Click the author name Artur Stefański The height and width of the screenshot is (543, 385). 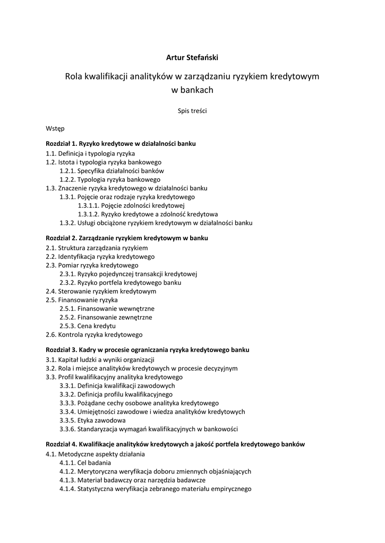[192, 57]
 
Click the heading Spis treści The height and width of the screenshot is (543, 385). [192, 111]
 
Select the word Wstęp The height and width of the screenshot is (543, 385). [55, 128]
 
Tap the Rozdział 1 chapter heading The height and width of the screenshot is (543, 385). [121, 144]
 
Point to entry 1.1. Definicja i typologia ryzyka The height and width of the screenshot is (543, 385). [90, 153]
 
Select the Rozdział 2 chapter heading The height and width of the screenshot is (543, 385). [127, 238]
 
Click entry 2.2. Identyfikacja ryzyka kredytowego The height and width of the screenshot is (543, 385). [100, 257]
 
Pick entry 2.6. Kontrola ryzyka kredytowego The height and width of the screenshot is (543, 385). [94, 335]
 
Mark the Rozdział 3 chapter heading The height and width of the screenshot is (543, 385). [147, 350]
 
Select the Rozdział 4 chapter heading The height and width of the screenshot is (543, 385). [175, 444]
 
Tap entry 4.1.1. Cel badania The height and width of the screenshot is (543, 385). [85, 462]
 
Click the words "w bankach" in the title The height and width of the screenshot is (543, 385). [192, 90]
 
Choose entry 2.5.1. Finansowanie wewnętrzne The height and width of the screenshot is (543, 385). [107, 309]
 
